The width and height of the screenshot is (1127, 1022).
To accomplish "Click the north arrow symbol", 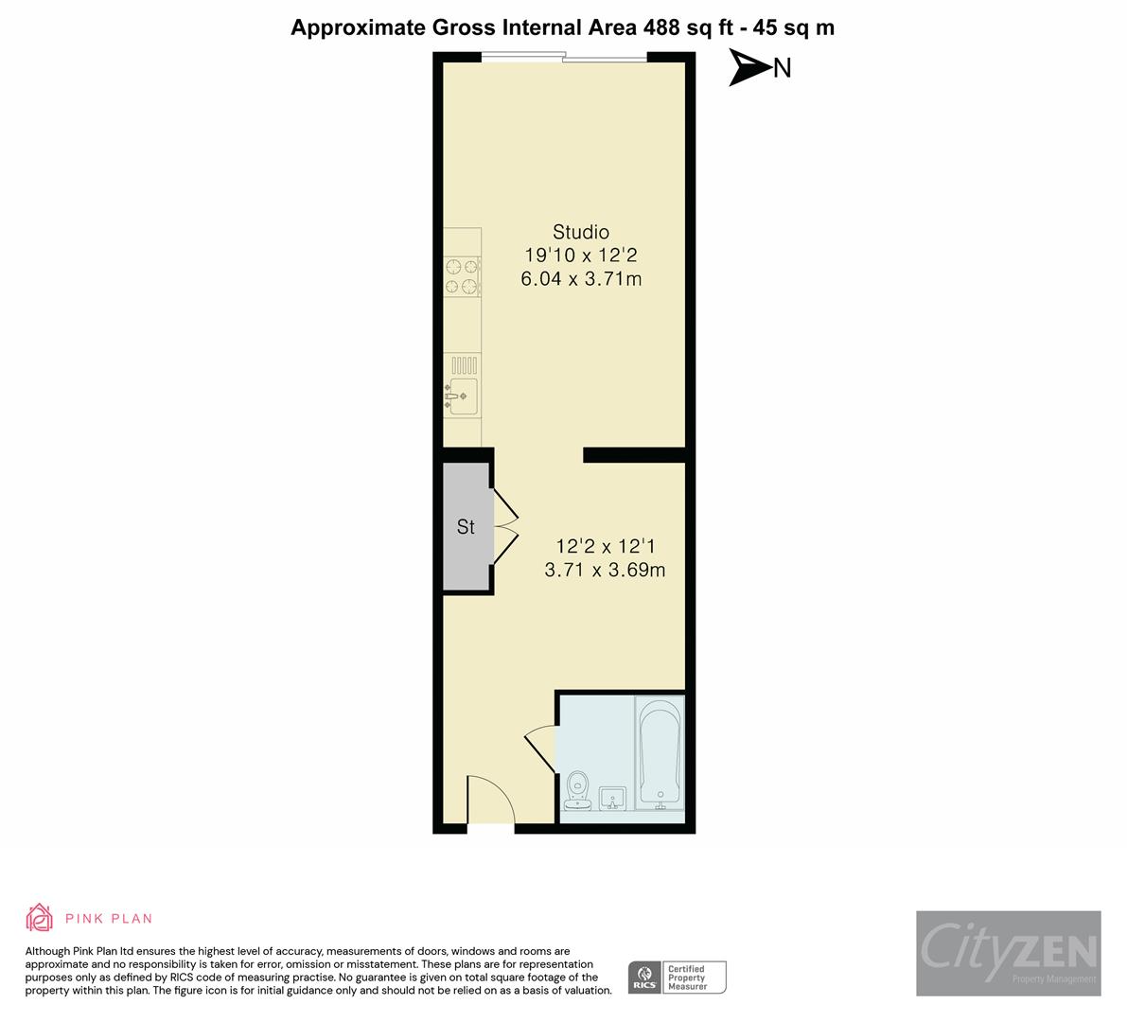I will point(749,68).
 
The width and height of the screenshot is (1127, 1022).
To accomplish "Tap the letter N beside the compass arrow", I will point(783,68).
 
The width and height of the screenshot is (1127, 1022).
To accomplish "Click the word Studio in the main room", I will point(581,232).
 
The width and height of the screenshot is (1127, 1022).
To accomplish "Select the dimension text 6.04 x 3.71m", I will point(581,279).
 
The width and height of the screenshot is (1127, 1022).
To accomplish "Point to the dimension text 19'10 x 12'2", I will point(581,255).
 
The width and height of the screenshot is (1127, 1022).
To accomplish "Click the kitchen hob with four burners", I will point(463,276).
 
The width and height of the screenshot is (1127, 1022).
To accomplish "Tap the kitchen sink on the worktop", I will point(462,395).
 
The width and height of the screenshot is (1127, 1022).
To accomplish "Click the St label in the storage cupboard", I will point(466,527).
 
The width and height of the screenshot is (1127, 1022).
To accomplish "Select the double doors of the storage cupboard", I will point(505,526).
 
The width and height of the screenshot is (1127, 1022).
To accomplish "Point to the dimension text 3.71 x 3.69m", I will point(606,570).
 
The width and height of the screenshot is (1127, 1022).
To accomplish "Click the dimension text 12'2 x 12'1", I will point(606,546).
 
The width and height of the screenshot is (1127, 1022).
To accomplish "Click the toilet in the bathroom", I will point(577,791).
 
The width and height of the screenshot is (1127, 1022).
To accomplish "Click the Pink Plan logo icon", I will point(40,918).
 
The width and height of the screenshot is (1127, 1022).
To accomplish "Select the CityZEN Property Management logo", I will point(1008,953).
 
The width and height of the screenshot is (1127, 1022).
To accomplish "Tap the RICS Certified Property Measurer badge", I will point(678,978).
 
